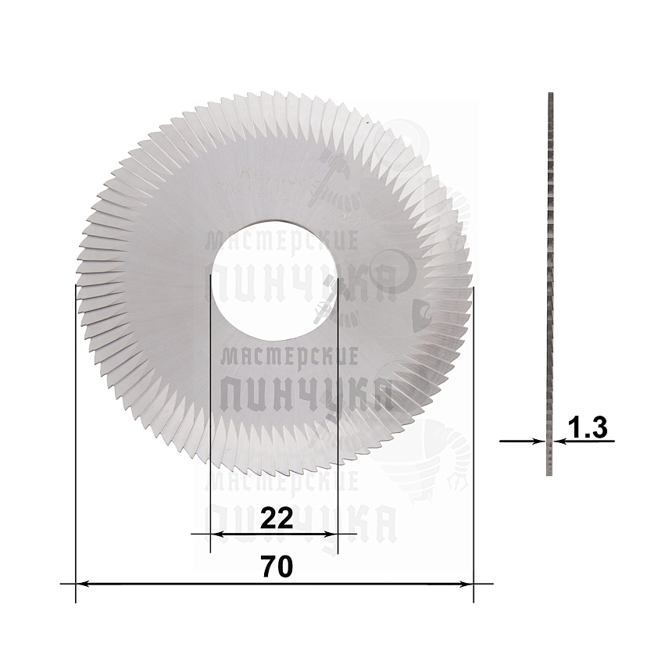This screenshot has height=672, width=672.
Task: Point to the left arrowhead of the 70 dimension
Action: tap(80, 584)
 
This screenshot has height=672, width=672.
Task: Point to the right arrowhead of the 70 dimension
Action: tap(468, 584)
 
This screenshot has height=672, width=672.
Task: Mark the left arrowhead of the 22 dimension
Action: tap(216, 534)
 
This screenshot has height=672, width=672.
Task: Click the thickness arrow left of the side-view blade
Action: tap(522, 441)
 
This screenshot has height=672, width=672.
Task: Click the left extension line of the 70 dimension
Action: tap(75, 438)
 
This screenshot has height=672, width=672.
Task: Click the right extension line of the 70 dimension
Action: tap(474, 438)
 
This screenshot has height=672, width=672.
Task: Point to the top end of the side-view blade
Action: tap(550, 95)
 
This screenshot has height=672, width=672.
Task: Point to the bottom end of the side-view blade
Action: tap(550, 473)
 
